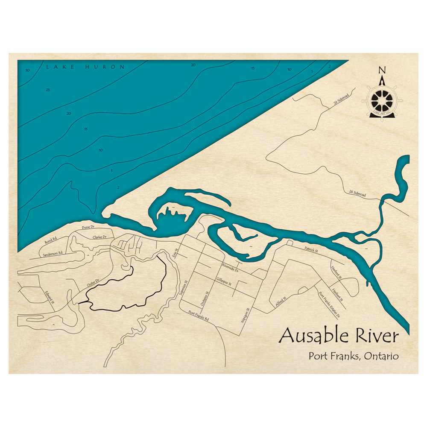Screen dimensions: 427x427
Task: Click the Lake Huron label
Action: point(85,67)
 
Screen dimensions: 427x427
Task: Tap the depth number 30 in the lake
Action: point(27,70)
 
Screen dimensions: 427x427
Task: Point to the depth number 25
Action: point(47,90)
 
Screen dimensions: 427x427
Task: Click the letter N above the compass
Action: point(382,70)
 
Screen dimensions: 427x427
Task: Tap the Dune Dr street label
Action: point(88,228)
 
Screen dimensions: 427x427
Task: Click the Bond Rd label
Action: point(50,242)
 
